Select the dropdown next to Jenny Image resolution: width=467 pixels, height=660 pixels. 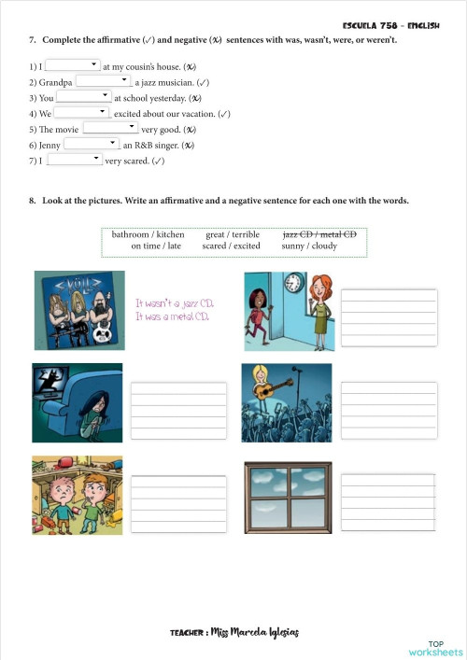[92, 145]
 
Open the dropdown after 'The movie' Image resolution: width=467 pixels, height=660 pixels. [110, 128]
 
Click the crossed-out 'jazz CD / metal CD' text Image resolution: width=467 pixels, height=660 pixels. [319, 234]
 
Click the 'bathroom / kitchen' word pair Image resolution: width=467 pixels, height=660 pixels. [148, 234]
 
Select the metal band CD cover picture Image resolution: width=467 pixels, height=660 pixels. [79, 312]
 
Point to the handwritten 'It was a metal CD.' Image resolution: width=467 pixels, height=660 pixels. [173, 317]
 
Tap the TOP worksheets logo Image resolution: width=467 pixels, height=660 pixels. [434, 648]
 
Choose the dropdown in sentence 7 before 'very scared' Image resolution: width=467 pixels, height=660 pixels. [74, 160]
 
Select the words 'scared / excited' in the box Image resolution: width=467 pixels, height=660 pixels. [232, 246]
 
